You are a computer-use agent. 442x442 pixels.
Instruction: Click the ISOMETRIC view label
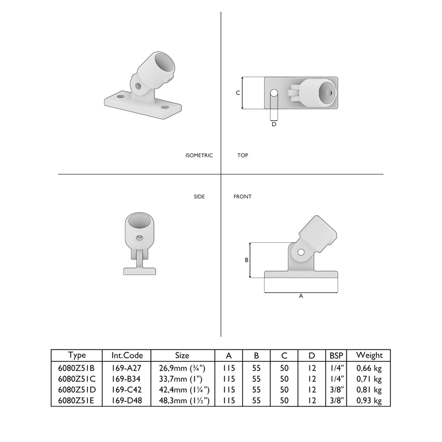[199, 156]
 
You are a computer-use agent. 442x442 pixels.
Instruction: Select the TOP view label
[242, 156]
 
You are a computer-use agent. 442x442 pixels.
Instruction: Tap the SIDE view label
[199, 196]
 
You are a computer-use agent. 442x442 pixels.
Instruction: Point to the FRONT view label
[242, 196]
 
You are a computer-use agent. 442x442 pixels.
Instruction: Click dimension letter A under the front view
[301, 296]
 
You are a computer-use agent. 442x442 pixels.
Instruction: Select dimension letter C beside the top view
[238, 93]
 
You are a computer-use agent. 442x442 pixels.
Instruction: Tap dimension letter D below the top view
[274, 124]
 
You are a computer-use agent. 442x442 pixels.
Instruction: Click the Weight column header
[370, 355]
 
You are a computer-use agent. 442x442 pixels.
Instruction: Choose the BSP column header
[337, 355]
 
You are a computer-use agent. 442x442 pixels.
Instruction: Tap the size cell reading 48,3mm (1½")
[182, 401]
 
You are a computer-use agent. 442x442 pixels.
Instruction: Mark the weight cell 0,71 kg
[370, 378]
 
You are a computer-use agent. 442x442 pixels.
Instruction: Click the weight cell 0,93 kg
[370, 401]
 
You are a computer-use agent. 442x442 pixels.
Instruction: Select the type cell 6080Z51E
[77, 401]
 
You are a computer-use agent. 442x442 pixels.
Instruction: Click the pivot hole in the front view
[301, 252]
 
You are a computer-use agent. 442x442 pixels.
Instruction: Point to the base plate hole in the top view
[274, 93]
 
